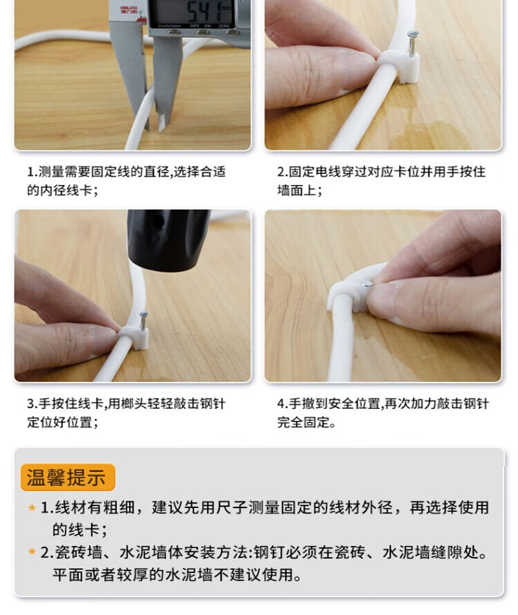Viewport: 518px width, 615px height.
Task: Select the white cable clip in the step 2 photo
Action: tap(400, 67)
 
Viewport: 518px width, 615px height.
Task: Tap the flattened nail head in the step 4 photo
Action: tap(367, 284)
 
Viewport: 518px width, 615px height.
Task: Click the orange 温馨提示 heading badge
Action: tap(68, 477)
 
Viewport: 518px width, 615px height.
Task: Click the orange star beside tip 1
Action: tap(32, 508)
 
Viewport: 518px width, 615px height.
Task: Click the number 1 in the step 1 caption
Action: tap(30, 172)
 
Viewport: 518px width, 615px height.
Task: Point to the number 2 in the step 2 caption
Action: tap(281, 172)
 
